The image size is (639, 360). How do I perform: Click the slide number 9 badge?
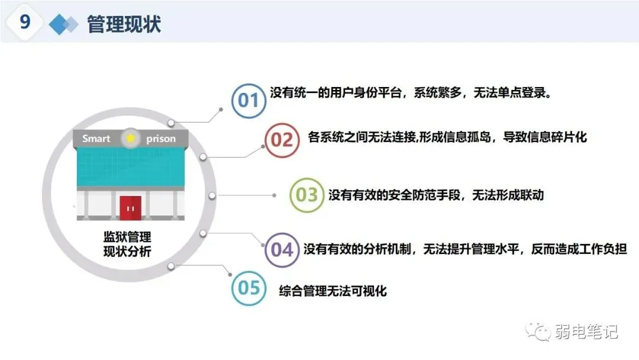pos(25,22)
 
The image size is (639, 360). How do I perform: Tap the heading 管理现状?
pos(124,24)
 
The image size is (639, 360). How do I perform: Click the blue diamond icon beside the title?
pos(63,24)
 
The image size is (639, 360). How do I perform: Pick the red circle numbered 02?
pos(281,140)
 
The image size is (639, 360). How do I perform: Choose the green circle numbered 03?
pos(306,194)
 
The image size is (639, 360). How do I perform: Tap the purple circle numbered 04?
pos(282,249)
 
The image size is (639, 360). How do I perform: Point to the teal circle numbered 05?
pos(248,288)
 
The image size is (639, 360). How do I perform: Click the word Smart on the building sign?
pos(96,139)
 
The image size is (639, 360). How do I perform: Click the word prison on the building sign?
pos(160,139)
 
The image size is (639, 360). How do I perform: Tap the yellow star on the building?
pos(130,139)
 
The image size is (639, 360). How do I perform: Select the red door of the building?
pos(130,207)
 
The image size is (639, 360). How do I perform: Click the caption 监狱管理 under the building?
pos(127,237)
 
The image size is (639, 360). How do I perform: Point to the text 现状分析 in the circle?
pos(127,252)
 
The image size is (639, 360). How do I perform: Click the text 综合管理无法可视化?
pos(333,291)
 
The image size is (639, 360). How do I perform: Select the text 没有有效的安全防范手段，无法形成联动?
pos(436,195)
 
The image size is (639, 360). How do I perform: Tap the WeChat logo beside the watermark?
pos(539,332)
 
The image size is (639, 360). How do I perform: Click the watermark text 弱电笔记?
pos(586,332)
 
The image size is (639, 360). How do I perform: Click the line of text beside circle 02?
pos(447,138)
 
